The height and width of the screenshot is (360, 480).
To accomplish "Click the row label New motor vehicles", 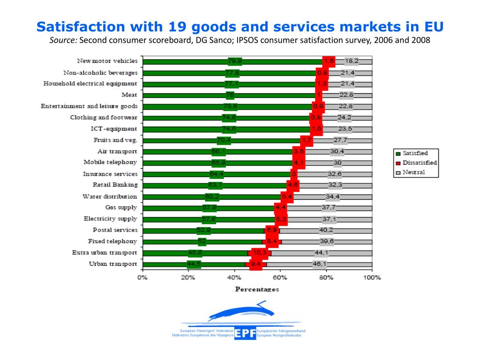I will (107, 61).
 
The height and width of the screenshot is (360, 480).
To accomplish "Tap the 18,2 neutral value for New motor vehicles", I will (352, 61).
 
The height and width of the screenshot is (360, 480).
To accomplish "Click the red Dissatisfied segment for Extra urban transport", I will (259, 253).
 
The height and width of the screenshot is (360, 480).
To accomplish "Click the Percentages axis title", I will (256, 289).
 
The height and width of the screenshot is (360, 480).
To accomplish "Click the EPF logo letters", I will (246, 333).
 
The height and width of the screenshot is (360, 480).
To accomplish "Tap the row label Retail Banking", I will (115, 185).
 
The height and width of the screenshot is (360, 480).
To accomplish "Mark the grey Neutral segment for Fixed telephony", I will (327, 242).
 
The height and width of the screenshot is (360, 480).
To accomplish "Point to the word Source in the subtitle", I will (63, 40).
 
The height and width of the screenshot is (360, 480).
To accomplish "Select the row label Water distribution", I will (110, 196).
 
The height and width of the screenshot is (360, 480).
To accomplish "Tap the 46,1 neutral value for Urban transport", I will (320, 264).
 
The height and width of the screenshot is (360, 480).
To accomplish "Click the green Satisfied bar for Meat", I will (187, 95).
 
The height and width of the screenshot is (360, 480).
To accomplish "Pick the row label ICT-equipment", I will (113, 128).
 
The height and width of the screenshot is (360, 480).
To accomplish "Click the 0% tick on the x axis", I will (142, 277).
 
